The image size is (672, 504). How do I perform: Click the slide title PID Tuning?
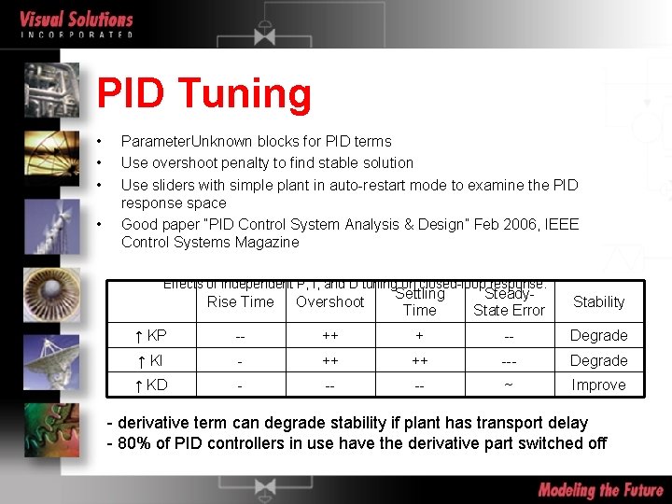[203, 93]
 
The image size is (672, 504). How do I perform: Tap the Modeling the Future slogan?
[599, 489]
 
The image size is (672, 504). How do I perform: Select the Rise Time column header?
[240, 301]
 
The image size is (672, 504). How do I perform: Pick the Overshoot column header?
[329, 301]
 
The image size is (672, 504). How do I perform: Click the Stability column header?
[598, 301]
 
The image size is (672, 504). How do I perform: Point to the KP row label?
[151, 335]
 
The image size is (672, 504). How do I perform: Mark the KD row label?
[151, 385]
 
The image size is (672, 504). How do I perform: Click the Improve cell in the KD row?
[598, 385]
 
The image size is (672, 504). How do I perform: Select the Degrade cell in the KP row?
[598, 335]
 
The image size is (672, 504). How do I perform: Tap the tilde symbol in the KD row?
[509, 385]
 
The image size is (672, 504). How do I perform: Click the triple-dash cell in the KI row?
[509, 360]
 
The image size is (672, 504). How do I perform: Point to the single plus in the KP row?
[419, 335]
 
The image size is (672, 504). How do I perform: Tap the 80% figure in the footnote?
[134, 443]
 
